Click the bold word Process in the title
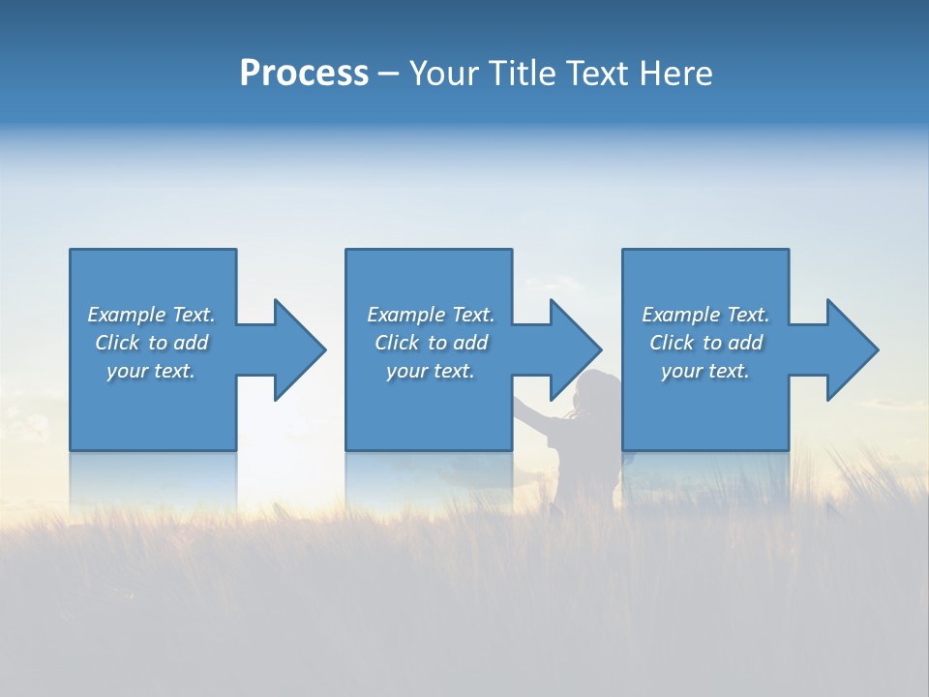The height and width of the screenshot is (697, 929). (304, 74)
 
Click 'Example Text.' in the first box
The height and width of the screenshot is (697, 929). (151, 315)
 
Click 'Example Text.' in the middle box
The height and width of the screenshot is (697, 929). (430, 315)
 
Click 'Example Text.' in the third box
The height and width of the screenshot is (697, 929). (705, 315)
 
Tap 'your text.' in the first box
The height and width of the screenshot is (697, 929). (151, 371)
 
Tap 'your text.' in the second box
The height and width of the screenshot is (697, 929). (430, 371)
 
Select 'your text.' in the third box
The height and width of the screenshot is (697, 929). (705, 371)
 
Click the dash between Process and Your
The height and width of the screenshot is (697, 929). (388, 75)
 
